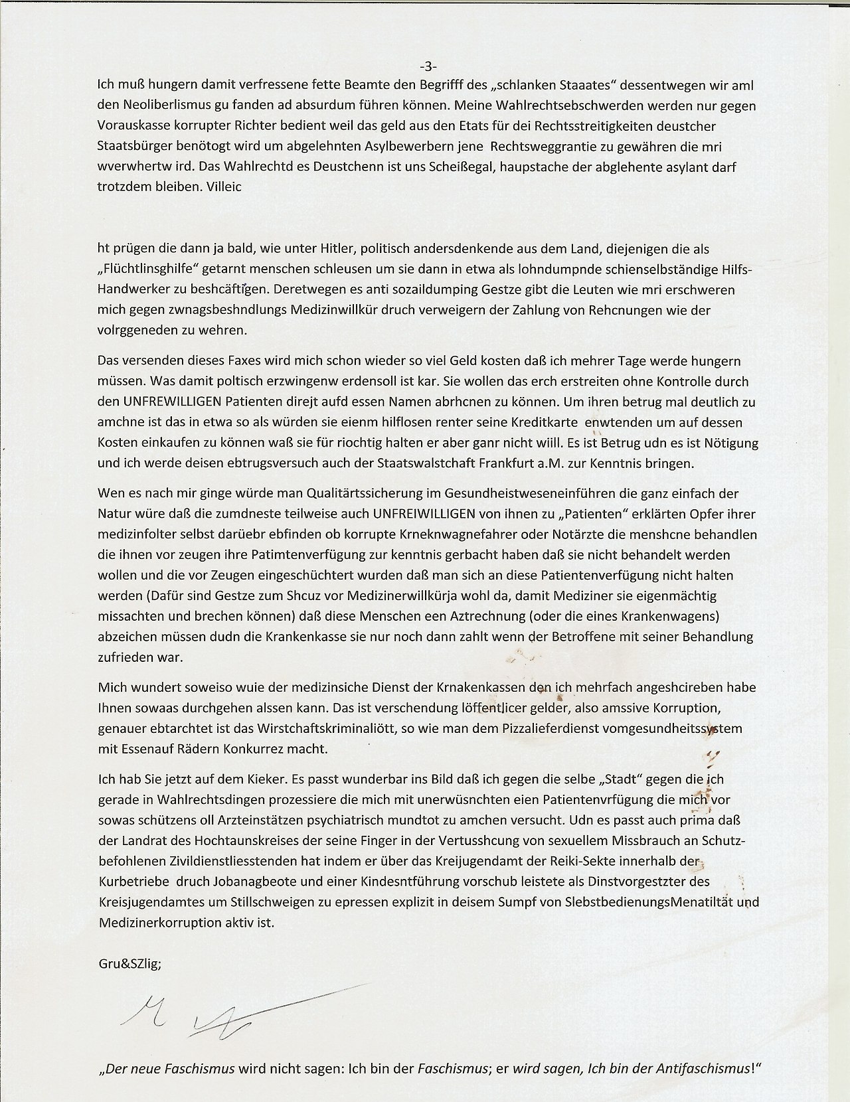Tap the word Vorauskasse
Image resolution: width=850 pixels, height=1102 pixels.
click(129, 125)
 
